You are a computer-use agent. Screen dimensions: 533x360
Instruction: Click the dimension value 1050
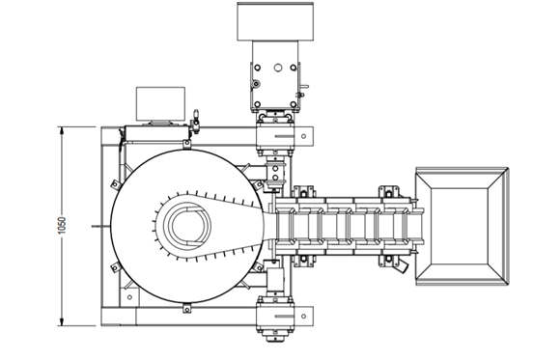click(x=62, y=226)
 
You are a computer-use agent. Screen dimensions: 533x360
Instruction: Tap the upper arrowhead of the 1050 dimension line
click(x=62, y=130)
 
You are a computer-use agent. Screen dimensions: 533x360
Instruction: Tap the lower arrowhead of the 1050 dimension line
click(x=62, y=322)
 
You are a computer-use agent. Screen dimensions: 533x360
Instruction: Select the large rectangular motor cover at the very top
click(x=275, y=22)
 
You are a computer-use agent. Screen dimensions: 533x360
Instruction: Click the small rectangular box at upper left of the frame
click(x=160, y=103)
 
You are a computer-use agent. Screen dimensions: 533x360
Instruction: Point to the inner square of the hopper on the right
click(x=460, y=226)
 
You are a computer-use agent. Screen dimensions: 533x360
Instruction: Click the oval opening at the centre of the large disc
click(x=187, y=226)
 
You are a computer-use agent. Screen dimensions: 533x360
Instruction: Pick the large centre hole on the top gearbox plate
click(x=278, y=68)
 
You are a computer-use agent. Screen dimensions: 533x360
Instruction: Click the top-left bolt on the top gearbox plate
click(x=257, y=68)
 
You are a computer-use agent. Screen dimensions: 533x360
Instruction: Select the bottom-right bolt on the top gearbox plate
click(x=294, y=104)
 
